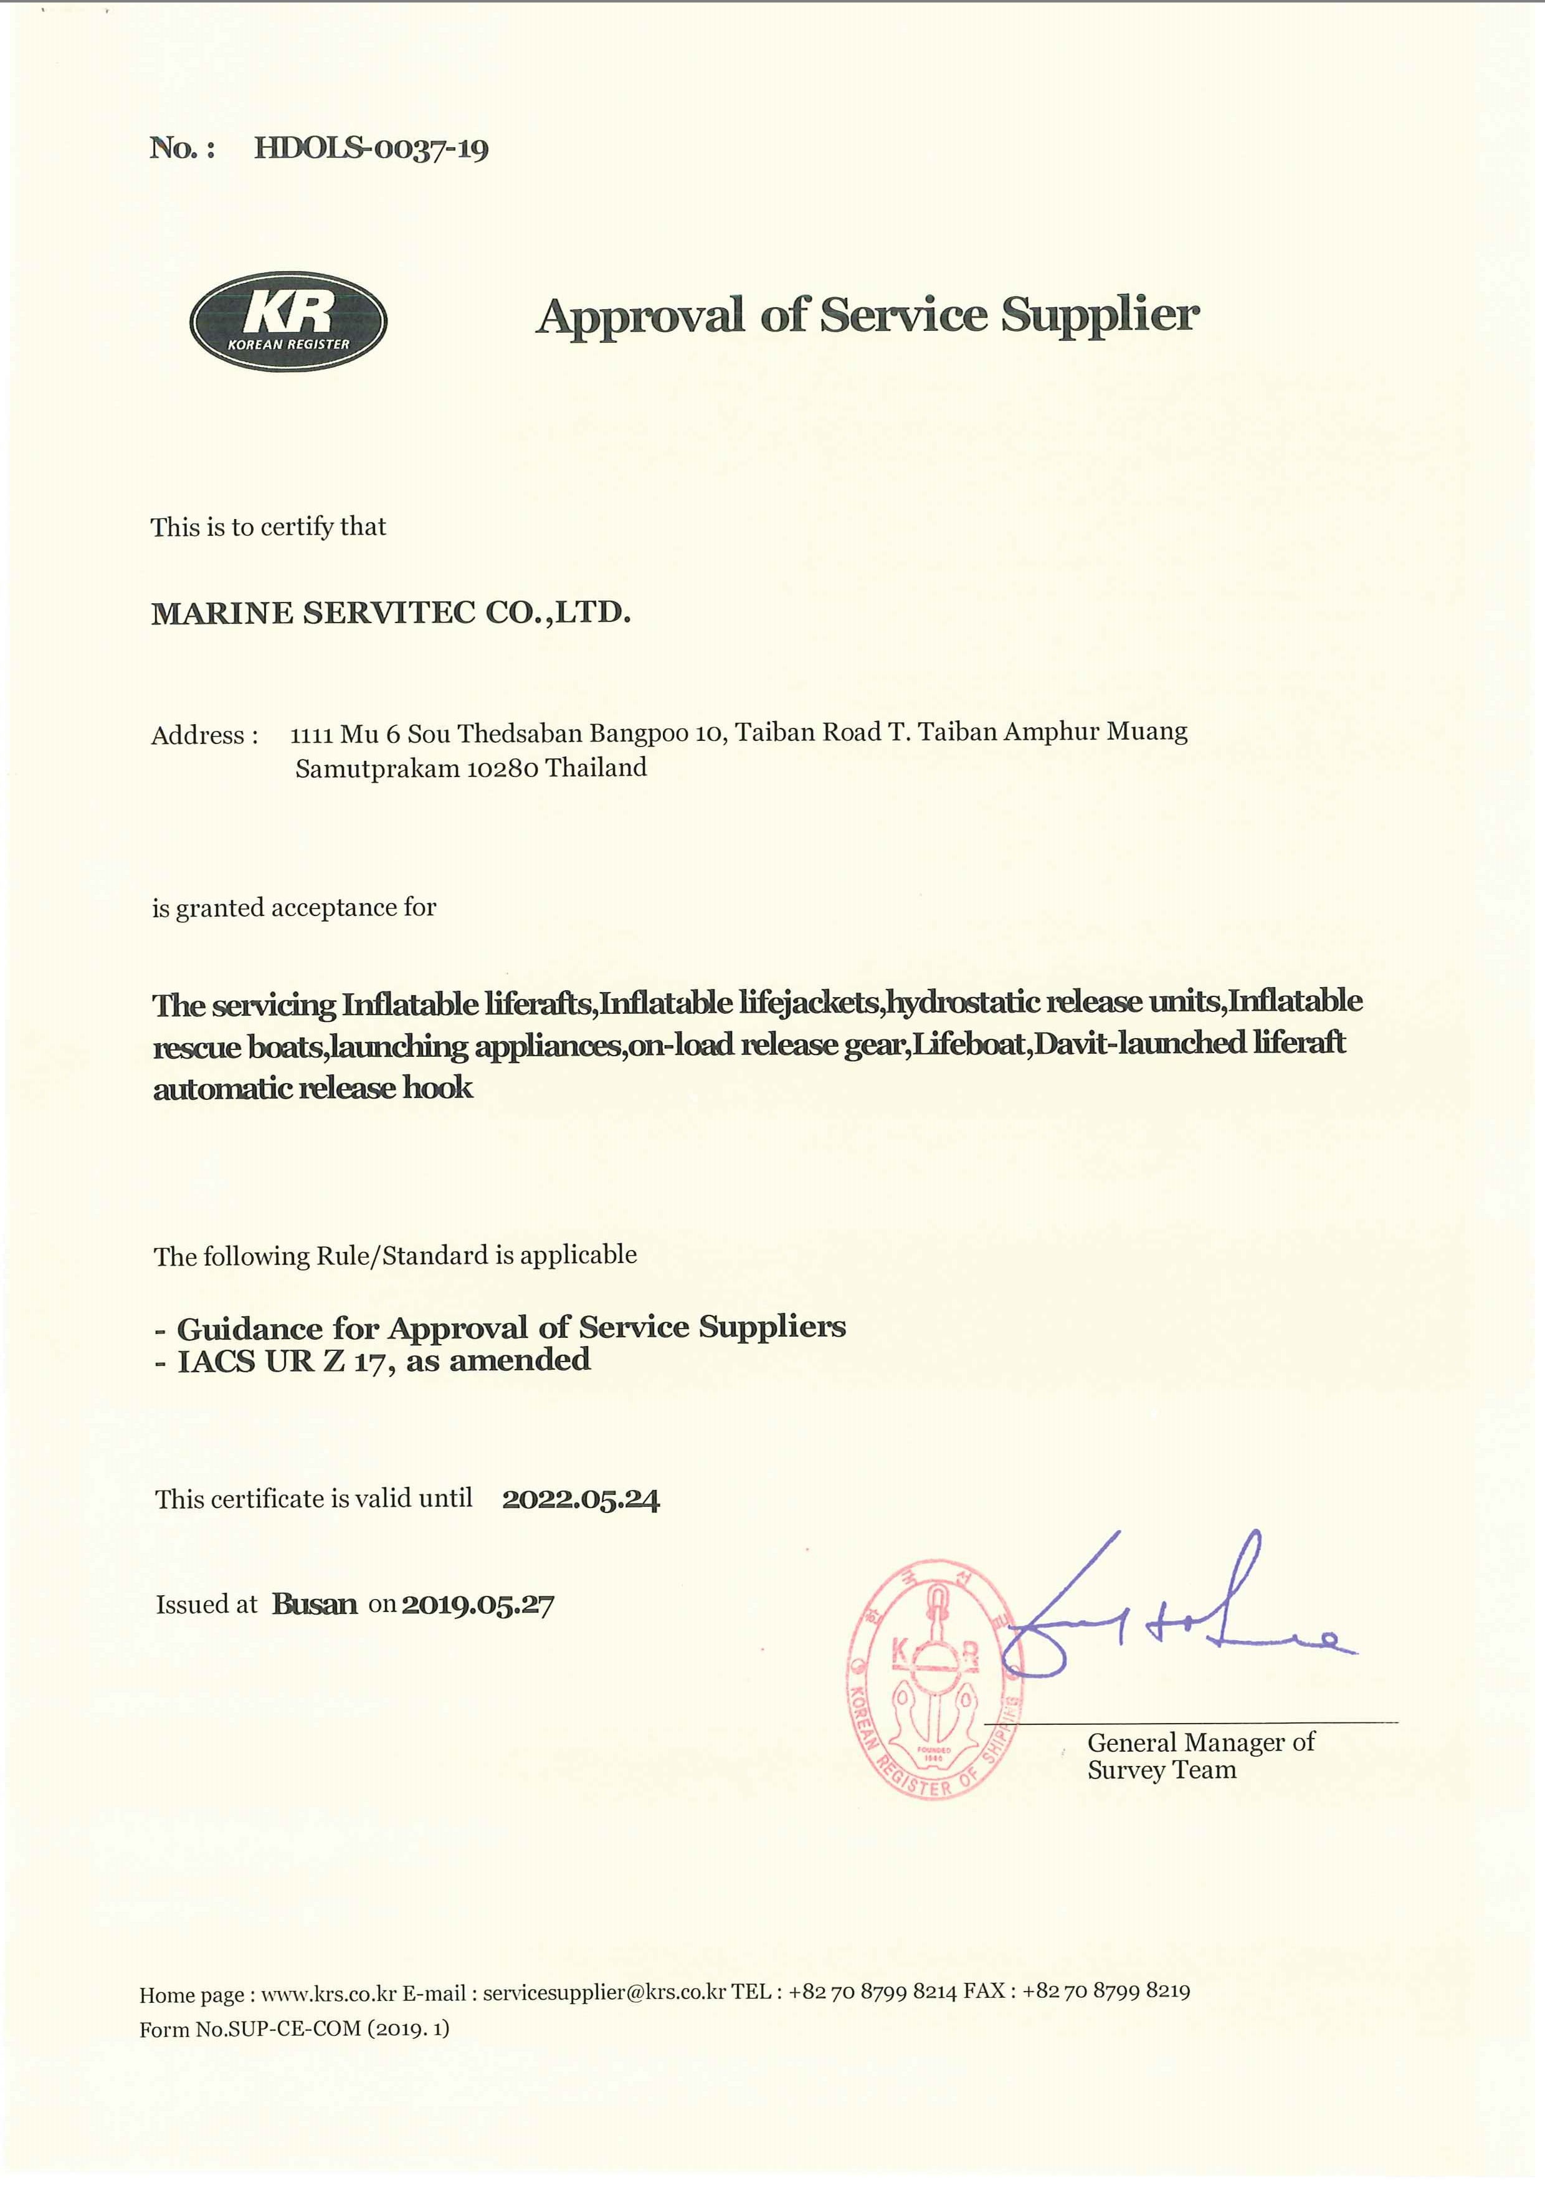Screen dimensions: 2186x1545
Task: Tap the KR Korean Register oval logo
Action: click(x=288, y=321)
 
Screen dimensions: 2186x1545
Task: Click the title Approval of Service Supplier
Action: click(x=867, y=315)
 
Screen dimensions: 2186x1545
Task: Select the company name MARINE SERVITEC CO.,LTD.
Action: click(x=390, y=612)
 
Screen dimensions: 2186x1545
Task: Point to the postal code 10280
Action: click(x=503, y=768)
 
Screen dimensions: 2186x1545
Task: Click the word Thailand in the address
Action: click(x=596, y=767)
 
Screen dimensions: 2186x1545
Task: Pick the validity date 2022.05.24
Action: click(x=581, y=1499)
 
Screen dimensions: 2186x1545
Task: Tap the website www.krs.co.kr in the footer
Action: click(x=328, y=1993)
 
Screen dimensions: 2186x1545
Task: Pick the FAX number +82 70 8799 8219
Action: click(x=1106, y=1991)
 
